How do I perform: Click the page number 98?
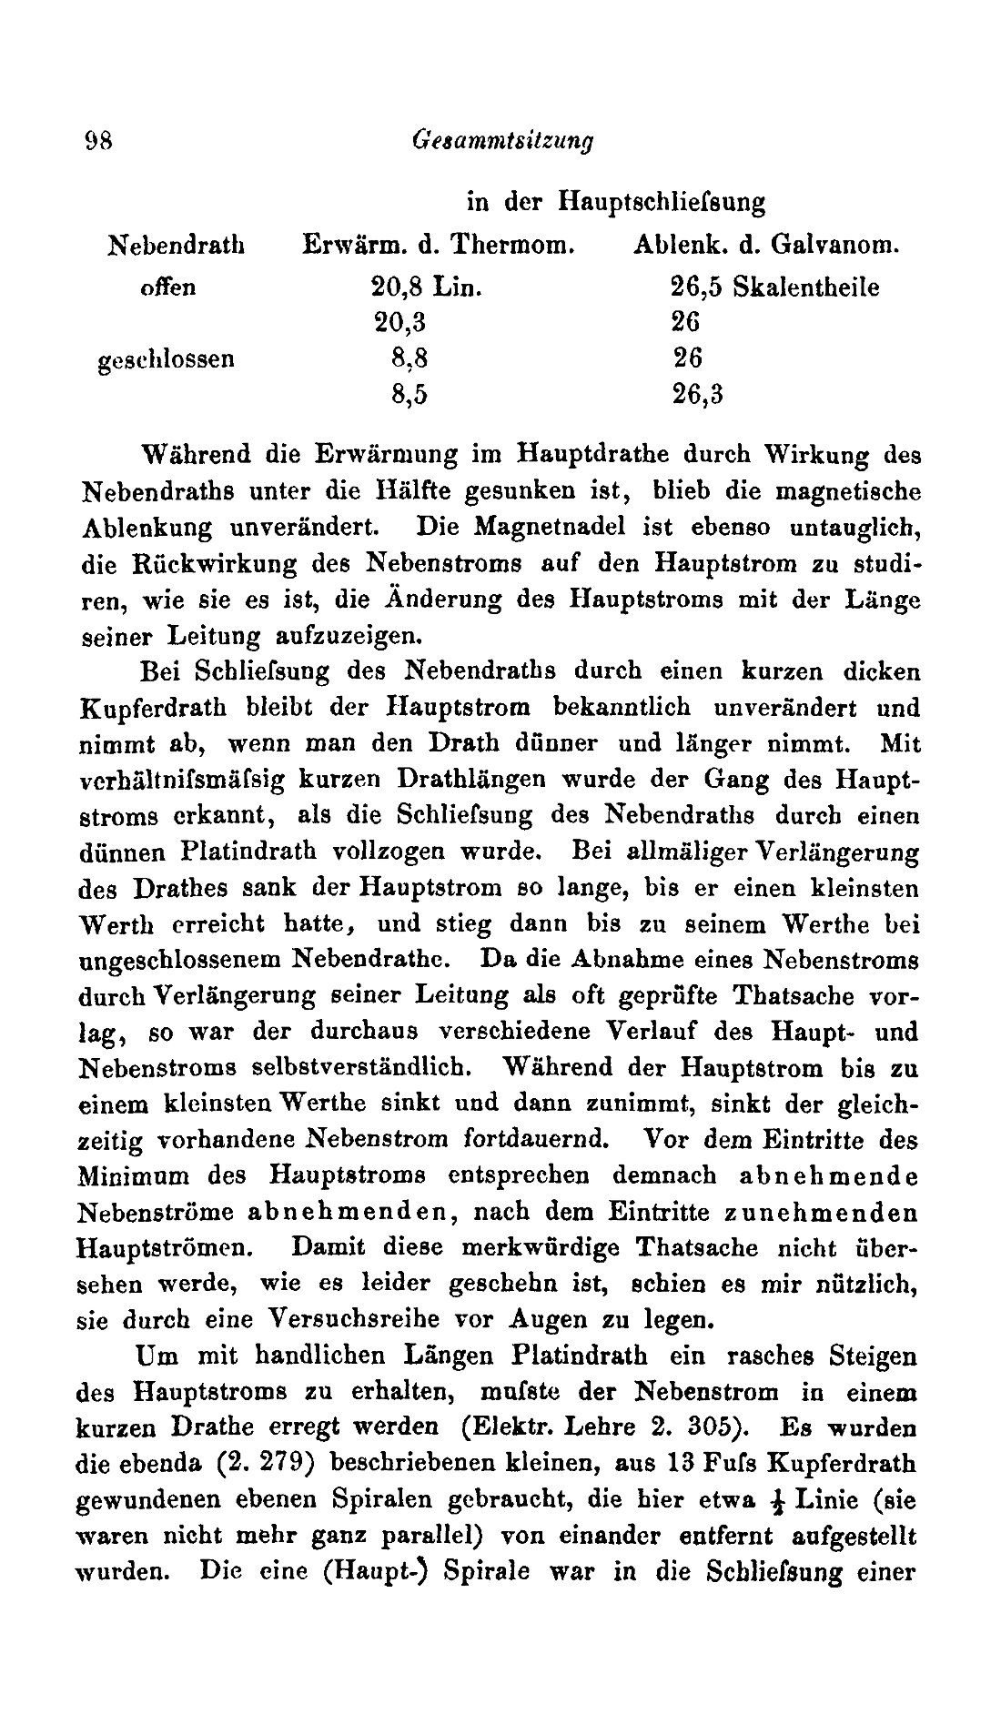[96, 141]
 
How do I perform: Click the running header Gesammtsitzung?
[502, 141]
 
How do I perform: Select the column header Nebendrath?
[177, 245]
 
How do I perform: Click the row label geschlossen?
[166, 358]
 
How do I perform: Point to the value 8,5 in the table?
[409, 394]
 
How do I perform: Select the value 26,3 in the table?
[697, 394]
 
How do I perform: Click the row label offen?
[167, 287]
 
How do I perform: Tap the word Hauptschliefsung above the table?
[662, 201]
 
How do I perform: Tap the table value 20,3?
[399, 323]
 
